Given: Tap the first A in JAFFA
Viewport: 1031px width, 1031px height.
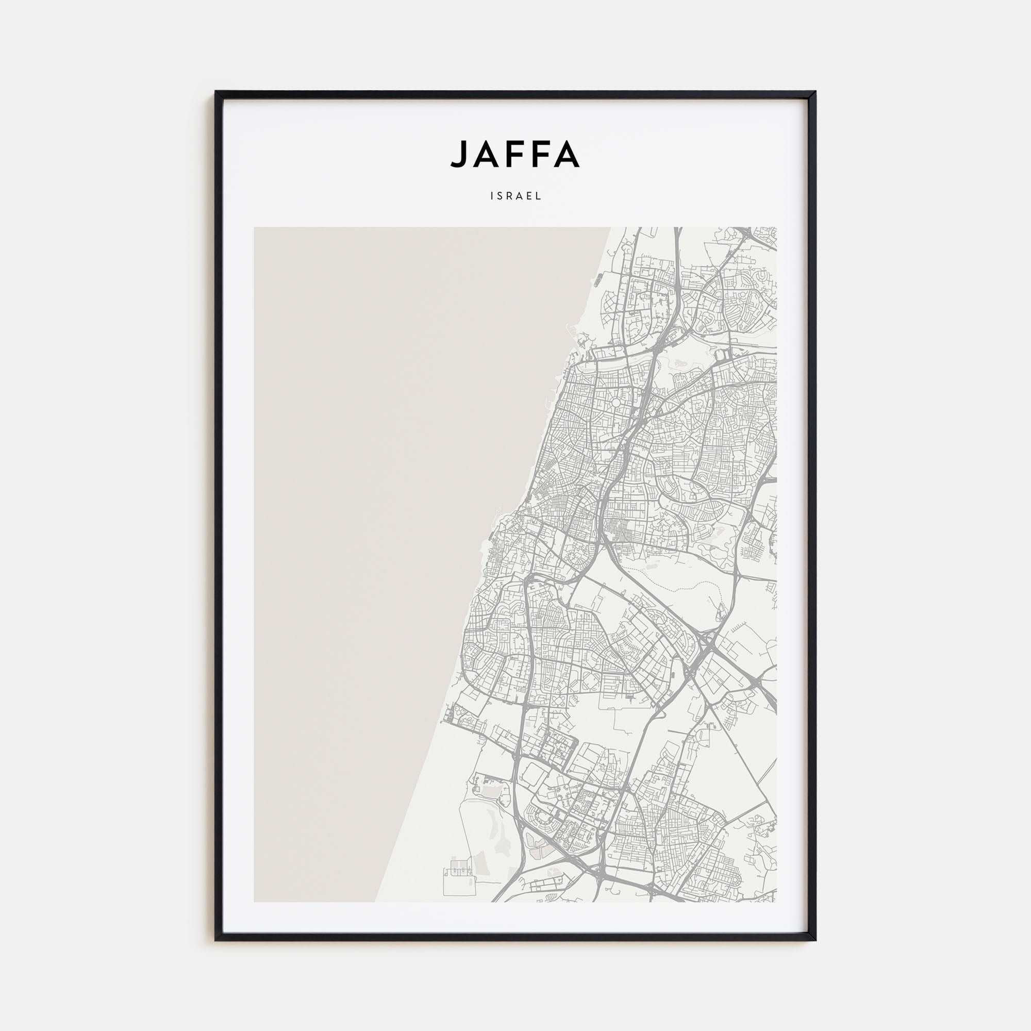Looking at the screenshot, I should click(485, 154).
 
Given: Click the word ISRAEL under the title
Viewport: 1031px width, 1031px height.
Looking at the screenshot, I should click(515, 196).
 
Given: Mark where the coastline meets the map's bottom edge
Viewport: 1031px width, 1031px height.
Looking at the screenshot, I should click(375, 902).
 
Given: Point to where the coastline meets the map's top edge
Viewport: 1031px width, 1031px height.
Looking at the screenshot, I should click(610, 228).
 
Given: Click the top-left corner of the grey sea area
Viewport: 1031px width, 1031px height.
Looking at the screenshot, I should click(255, 228).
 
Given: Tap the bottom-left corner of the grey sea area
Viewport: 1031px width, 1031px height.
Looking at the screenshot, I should click(255, 901).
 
